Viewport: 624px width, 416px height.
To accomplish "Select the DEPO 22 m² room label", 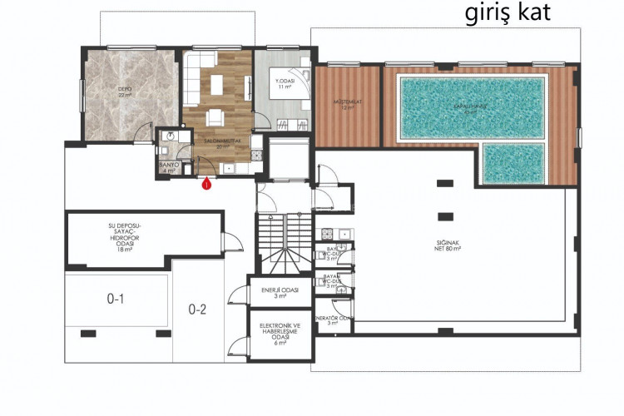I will (125, 92).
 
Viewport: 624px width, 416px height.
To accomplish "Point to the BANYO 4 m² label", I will (169, 168).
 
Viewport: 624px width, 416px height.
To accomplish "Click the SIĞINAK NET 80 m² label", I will (453, 244).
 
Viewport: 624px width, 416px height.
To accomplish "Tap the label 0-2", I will (197, 310).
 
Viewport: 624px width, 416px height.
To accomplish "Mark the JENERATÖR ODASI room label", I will (335, 320).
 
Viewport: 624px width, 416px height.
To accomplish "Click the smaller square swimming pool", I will (515, 164).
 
